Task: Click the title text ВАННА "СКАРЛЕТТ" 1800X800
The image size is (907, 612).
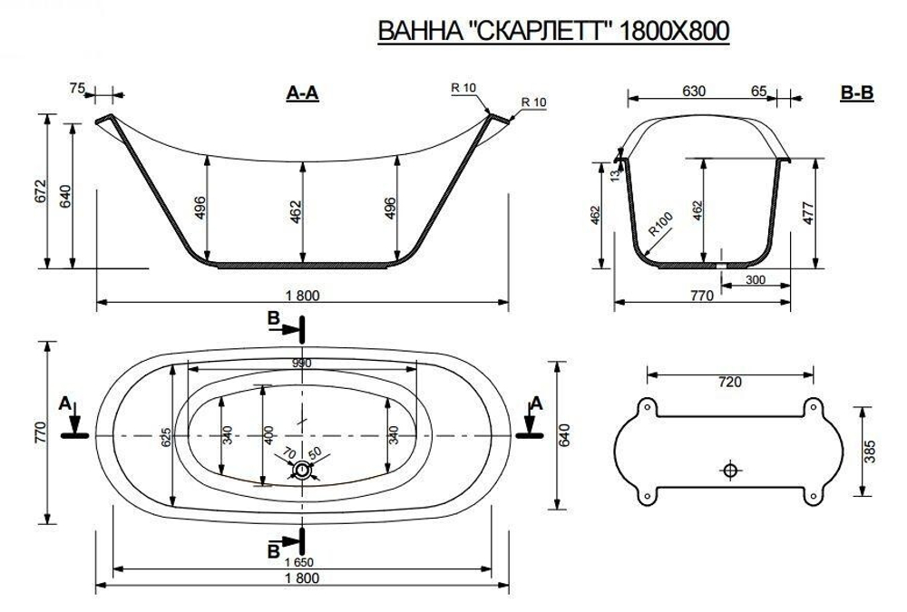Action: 553,32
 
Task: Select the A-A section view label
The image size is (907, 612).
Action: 302,92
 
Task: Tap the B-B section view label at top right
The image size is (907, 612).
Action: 856,92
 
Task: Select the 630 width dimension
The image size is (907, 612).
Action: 694,91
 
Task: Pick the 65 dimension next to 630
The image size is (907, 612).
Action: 759,91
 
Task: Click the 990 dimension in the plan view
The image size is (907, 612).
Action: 302,363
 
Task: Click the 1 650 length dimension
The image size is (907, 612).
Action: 302,562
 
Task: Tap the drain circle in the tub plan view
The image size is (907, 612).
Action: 302,470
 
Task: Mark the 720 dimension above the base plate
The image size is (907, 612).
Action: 729,382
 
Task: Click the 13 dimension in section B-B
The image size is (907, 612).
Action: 614,174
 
